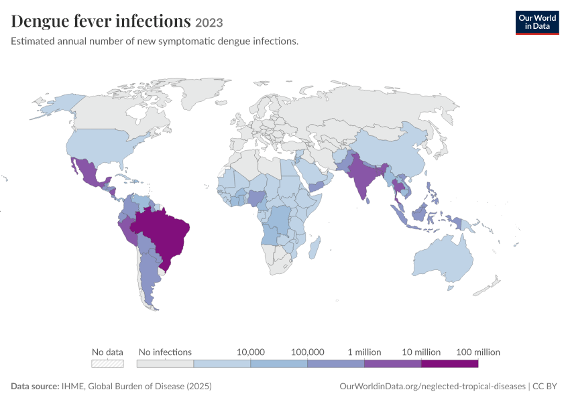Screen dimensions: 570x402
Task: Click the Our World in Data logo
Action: pyautogui.click(x=537, y=23)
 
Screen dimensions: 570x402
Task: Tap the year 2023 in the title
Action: pyautogui.click(x=209, y=23)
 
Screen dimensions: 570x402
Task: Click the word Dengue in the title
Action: pyautogui.click(x=40, y=21)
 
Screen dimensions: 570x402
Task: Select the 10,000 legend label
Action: pyautogui.click(x=251, y=352)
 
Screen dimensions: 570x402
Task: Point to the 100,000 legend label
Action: pyautogui.click(x=308, y=352)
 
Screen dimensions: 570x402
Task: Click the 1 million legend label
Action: pyautogui.click(x=364, y=352)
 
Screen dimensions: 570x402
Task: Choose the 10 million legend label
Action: pyautogui.click(x=421, y=352)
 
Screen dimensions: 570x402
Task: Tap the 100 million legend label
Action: pyautogui.click(x=478, y=352)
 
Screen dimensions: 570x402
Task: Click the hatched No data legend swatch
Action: pyautogui.click(x=107, y=364)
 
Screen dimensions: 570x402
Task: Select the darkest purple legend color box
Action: pyautogui.click(x=450, y=364)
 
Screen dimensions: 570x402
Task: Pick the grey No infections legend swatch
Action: pyautogui.click(x=165, y=364)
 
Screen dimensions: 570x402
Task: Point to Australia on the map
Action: pyautogui.click(x=444, y=259)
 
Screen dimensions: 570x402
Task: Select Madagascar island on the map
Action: pyautogui.click(x=315, y=247)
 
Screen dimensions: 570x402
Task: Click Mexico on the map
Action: pyautogui.click(x=89, y=174)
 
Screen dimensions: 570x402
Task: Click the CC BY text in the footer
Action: pyautogui.click(x=545, y=386)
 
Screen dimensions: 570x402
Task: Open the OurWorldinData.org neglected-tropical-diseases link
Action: pyautogui.click(x=433, y=387)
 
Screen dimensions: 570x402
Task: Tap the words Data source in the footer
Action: pyautogui.click(x=35, y=386)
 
